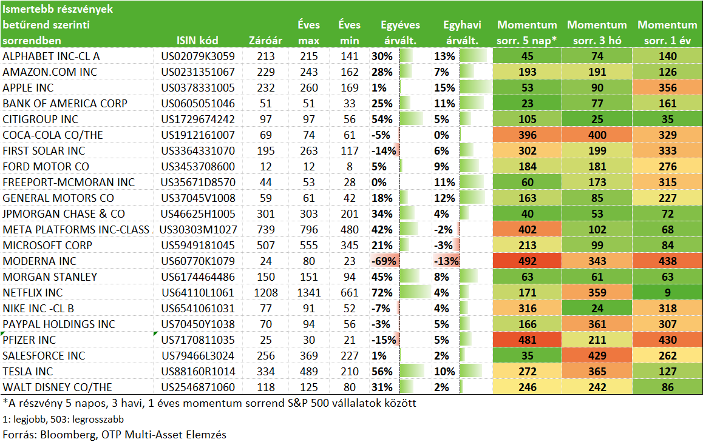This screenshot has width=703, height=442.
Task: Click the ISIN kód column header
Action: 197,40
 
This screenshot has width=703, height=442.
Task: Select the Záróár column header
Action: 265,40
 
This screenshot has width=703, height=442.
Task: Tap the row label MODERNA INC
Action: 39,261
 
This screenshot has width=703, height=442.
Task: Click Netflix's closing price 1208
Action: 266,292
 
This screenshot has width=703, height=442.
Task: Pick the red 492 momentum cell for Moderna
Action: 527,261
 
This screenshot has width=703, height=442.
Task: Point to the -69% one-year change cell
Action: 384,261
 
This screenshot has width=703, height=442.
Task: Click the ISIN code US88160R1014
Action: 198,371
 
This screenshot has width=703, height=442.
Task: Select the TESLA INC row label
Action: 28,371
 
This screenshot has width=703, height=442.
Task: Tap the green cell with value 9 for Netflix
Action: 667,292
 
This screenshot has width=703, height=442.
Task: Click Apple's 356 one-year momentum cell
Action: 667,88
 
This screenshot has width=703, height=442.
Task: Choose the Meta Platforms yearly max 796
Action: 308,230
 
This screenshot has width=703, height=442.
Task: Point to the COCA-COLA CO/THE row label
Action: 52,135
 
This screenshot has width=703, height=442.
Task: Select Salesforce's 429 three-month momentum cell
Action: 597,355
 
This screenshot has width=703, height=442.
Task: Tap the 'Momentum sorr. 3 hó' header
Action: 597,32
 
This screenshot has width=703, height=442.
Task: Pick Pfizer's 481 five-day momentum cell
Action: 527,340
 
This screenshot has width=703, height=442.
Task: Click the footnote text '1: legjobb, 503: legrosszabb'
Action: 63,419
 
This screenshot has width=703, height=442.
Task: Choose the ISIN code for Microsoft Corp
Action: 198,246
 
